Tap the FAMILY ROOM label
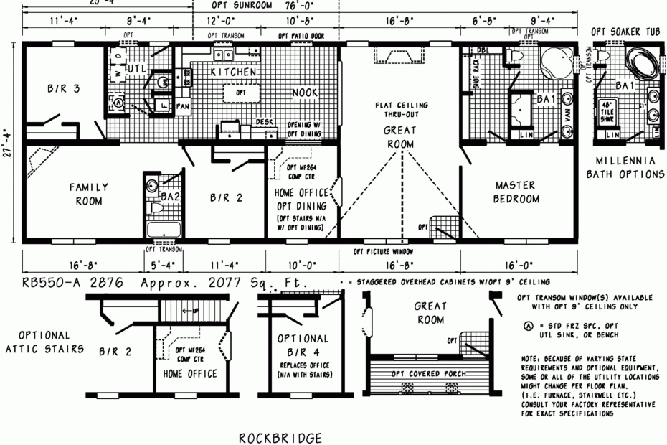(89, 194)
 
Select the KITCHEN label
(234, 72)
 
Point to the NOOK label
(305, 93)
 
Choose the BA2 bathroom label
(170, 196)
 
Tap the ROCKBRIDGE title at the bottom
(280, 437)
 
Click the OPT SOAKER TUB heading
(624, 32)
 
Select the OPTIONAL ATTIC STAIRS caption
(44, 342)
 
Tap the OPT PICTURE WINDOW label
(384, 253)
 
